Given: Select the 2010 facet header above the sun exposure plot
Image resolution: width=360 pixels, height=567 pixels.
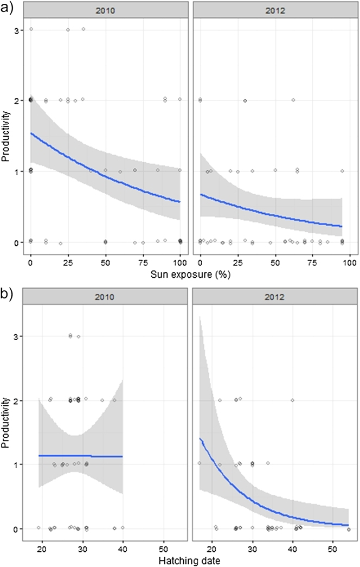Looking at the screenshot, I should click(105, 9).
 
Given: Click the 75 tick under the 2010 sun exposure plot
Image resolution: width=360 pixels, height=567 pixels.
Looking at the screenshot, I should click(143, 255).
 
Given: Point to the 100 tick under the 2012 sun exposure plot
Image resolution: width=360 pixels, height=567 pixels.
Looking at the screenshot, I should click(350, 255).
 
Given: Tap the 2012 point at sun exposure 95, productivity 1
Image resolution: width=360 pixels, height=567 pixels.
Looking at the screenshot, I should click(342, 171).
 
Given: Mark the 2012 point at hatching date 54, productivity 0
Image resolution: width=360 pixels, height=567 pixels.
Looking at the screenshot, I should click(349, 529).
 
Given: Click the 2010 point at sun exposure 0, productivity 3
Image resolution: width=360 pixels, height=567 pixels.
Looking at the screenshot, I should click(31, 29).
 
